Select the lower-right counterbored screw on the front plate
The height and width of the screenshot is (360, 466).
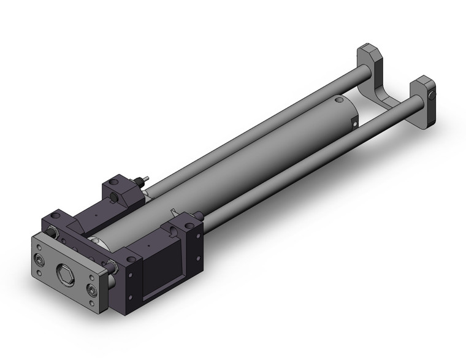click(x=92, y=290)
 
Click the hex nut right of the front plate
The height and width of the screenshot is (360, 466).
click(x=113, y=266)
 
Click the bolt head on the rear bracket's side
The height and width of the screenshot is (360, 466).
click(x=433, y=96)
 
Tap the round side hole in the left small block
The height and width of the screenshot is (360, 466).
click(x=117, y=196)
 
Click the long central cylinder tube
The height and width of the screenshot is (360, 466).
click(x=245, y=166)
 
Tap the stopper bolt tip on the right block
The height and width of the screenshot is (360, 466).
click(x=200, y=215)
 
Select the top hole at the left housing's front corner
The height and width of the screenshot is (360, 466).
click(x=56, y=216)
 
